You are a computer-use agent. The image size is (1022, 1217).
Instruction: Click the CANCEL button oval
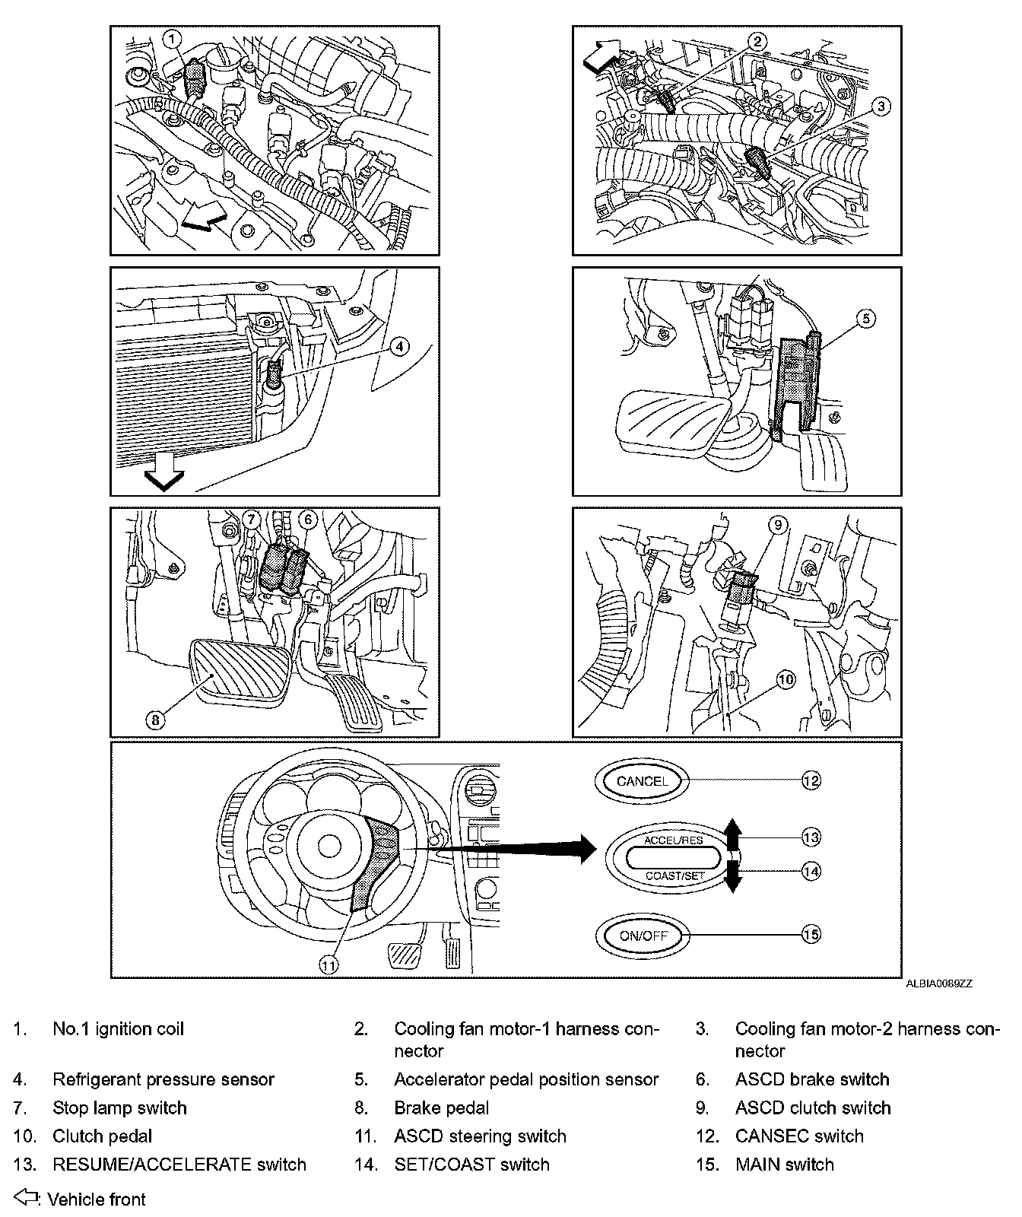(643, 781)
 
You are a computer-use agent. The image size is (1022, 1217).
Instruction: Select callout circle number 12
(811, 780)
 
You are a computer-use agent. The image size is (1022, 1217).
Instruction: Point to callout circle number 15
(811, 934)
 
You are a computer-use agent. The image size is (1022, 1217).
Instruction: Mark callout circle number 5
(866, 319)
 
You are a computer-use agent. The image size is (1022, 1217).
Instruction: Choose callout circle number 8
(155, 720)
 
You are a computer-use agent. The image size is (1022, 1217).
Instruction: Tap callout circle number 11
(328, 964)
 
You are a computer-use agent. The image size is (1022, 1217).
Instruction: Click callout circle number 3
(880, 106)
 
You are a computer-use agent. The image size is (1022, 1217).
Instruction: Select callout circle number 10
(786, 679)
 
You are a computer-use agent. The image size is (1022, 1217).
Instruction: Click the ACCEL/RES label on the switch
(673, 840)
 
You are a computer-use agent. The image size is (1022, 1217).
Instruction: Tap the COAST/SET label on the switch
(674, 875)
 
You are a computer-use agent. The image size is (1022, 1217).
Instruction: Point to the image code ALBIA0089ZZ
(938, 983)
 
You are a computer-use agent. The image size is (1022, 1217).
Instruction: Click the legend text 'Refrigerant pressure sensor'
(163, 1079)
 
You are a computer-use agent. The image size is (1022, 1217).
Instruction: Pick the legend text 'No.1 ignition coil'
(118, 1029)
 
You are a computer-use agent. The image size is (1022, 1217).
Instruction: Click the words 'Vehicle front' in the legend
(97, 1200)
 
